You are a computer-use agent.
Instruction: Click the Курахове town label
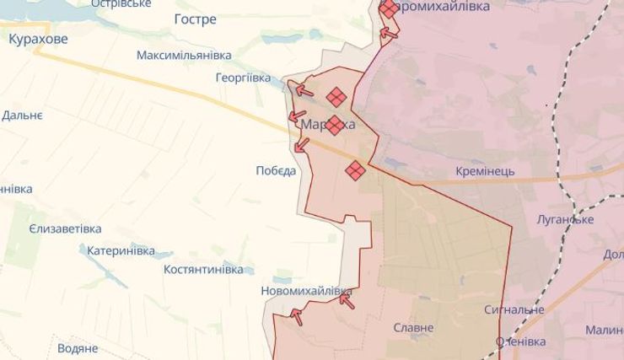pyautogui.click(x=38, y=38)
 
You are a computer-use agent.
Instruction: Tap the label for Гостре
pyautogui.click(x=195, y=19)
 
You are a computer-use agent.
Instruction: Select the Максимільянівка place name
pyautogui.click(x=184, y=55)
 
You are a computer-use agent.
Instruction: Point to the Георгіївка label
pyautogui.click(x=243, y=78)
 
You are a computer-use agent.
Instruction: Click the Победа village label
pyautogui.click(x=276, y=170)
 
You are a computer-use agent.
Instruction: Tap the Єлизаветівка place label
pyautogui.click(x=65, y=228)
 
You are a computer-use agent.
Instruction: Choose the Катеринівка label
pyautogui.click(x=121, y=250)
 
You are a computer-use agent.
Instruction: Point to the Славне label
pyautogui.click(x=413, y=327)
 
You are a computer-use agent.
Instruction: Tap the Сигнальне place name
pyautogui.click(x=514, y=309)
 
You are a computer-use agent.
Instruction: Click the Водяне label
pyautogui.click(x=78, y=347)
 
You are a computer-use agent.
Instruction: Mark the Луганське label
pyautogui.click(x=565, y=219)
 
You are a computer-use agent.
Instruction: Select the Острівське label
pyautogui.click(x=121, y=3)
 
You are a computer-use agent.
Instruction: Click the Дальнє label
pyautogui.click(x=22, y=115)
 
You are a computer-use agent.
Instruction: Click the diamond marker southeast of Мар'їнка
pyautogui.click(x=355, y=170)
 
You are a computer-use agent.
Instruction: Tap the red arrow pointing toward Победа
pyautogui.click(x=301, y=145)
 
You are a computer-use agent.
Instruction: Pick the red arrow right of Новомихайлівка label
pyautogui.click(x=346, y=299)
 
